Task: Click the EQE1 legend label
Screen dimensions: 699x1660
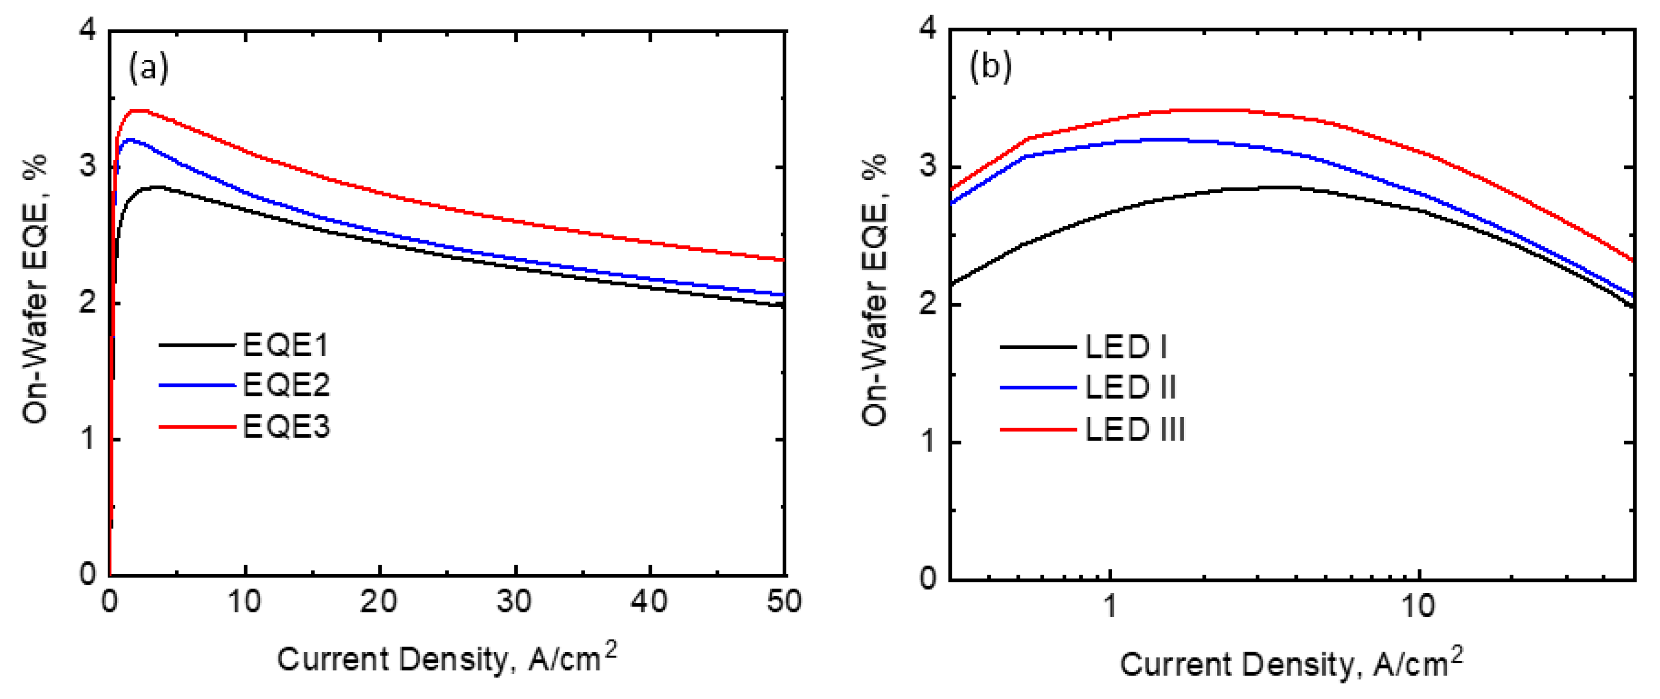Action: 285,346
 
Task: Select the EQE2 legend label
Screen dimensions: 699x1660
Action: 285,386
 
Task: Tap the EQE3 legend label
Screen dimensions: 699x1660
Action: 285,427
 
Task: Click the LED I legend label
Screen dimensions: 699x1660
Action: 1125,347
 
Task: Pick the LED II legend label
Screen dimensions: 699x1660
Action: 1130,387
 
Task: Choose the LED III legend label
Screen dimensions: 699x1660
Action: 1135,429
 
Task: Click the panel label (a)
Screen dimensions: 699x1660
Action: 148,67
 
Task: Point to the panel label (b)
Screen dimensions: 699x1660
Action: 990,66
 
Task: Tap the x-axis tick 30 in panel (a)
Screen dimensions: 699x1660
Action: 514,601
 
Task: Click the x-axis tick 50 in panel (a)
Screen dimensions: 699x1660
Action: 784,601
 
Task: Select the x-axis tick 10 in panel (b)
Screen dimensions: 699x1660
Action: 1418,606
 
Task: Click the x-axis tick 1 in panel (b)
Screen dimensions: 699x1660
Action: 1109,606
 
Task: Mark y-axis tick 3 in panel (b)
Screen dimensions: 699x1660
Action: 928,166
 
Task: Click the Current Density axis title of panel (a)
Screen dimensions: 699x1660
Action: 446,658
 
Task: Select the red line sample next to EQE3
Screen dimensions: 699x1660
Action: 197,427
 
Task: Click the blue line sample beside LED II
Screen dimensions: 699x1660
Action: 1038,387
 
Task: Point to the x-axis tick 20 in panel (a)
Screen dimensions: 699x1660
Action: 379,601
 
